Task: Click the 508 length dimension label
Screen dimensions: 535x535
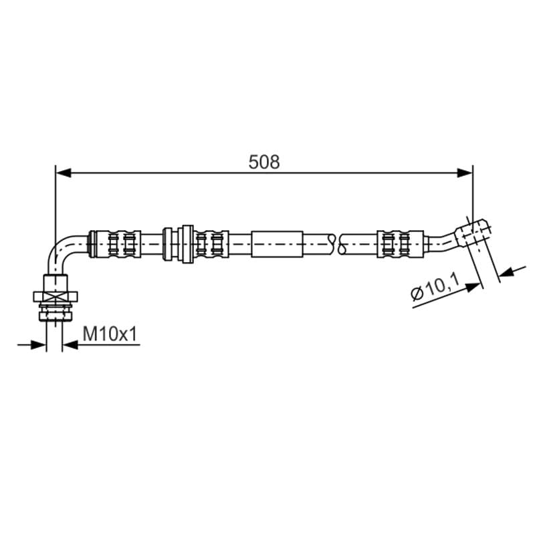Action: point(264,162)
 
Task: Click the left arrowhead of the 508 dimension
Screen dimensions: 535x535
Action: point(63,173)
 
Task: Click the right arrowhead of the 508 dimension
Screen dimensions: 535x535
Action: point(465,173)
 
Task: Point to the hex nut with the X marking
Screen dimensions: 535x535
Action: point(56,296)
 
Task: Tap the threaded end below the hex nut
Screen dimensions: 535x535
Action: point(56,312)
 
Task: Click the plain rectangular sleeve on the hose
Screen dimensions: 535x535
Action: point(277,244)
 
